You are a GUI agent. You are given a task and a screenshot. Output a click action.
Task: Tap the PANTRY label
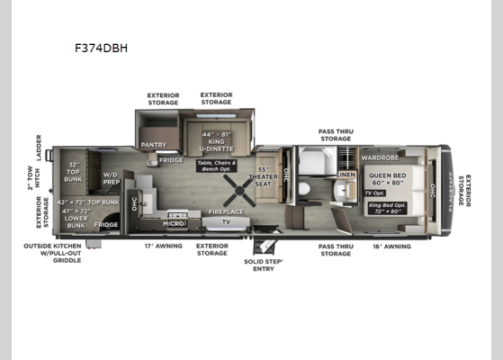152,144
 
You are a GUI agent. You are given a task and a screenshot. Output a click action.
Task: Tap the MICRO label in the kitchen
172,221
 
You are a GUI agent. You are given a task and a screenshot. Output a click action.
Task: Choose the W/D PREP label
112,178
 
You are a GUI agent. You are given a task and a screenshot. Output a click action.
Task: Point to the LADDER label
39,145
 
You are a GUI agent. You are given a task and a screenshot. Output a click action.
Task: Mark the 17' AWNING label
163,246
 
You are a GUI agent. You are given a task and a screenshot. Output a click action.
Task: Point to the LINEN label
346,174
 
